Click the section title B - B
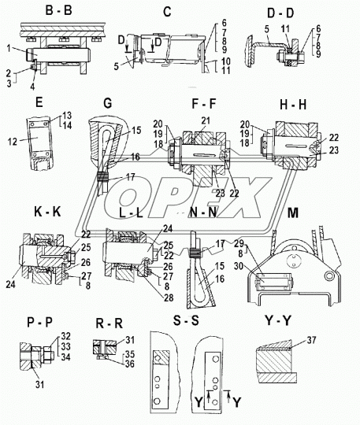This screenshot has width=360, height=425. [58, 10]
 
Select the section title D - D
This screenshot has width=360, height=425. [280, 13]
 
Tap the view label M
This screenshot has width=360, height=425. [293, 213]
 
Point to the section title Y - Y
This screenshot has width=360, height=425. [278, 321]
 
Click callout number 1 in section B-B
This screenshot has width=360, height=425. [9, 49]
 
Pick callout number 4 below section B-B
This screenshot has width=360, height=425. [32, 87]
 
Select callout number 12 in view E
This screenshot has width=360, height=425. [13, 141]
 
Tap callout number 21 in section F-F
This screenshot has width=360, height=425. [206, 120]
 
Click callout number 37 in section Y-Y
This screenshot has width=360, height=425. [312, 340]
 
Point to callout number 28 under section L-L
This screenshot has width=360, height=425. [169, 297]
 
